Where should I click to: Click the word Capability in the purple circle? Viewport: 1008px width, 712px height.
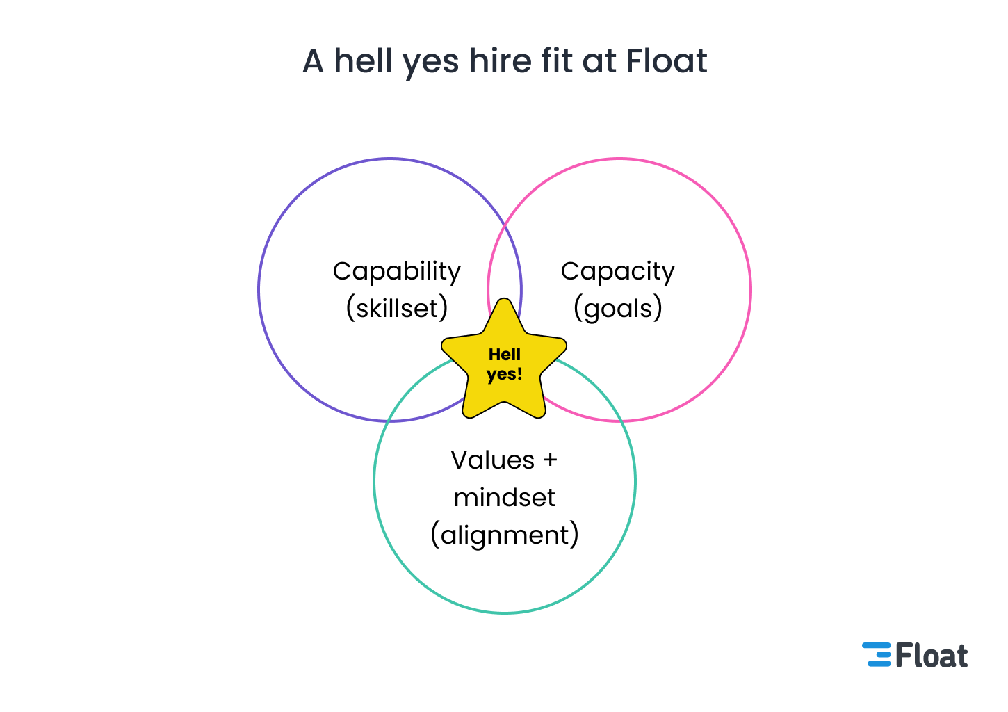(396, 271)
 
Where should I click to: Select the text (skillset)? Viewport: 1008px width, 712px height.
(396, 308)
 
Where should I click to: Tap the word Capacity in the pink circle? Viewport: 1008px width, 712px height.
(617, 271)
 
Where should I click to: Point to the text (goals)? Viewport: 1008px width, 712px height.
(617, 308)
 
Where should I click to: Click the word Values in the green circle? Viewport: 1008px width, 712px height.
(492, 460)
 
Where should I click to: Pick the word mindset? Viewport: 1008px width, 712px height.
(505, 498)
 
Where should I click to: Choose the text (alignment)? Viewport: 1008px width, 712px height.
(505, 535)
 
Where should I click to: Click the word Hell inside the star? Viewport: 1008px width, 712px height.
(504, 355)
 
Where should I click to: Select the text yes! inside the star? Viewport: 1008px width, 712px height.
(504, 375)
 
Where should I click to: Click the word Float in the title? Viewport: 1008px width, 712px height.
(667, 61)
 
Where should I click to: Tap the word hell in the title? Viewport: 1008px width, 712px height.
(363, 61)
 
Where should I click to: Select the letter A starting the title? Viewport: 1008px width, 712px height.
(314, 61)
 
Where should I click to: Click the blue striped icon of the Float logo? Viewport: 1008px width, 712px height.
(877, 655)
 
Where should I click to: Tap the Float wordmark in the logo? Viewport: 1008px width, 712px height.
(932, 656)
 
